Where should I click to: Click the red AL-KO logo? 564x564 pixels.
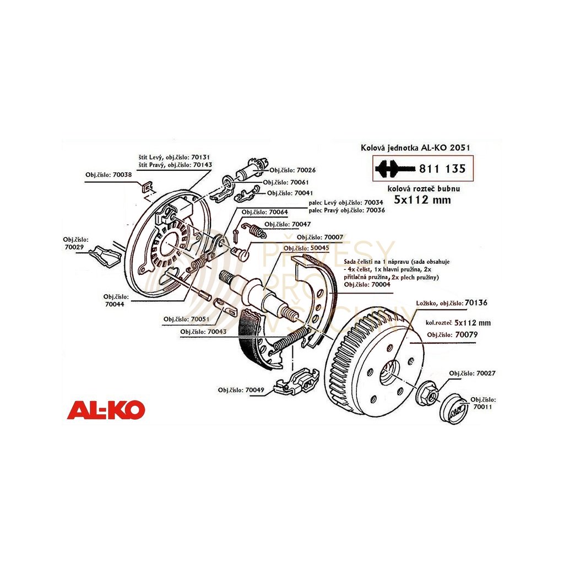coord(106,410)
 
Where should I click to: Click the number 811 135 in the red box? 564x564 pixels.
coord(442,169)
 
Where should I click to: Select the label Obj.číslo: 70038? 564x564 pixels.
coord(109,175)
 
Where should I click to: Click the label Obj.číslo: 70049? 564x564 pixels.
coord(241,390)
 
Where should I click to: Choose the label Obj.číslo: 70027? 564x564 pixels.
coord(472,373)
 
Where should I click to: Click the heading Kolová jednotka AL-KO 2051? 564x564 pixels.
coord(415,148)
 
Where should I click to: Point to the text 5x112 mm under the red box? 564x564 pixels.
coord(422,200)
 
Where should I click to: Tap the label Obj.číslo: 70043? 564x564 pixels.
coord(203,332)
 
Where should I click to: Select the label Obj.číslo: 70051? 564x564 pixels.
coord(186,319)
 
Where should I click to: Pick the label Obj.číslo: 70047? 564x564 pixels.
coord(288,225)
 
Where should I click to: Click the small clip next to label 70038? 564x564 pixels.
coord(145,186)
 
